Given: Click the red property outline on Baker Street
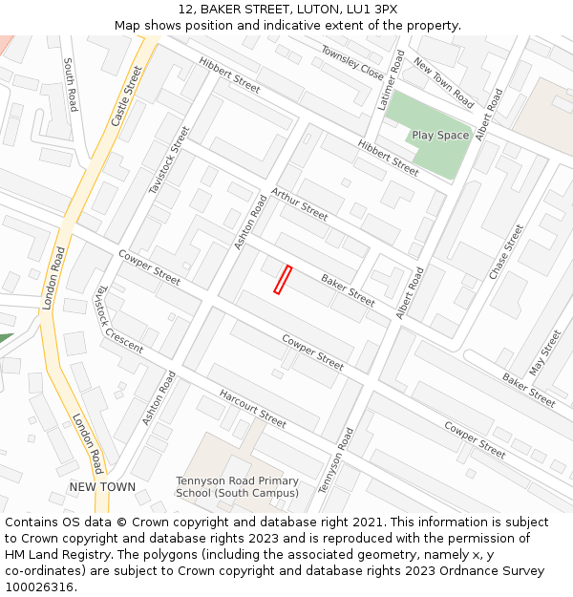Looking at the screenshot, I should (x=282, y=279).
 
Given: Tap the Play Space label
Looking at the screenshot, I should (x=440, y=136).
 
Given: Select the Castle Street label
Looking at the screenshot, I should (x=126, y=96).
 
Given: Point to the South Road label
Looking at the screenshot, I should (x=70, y=84).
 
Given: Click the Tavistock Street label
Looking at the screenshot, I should (x=169, y=160).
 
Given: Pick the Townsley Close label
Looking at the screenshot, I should (x=351, y=63).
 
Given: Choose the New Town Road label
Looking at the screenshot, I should (x=443, y=82).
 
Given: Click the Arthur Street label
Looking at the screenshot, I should (x=299, y=203).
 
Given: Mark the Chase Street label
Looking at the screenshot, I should (x=506, y=251).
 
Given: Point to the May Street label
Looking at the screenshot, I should (x=545, y=352).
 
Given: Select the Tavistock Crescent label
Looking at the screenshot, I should (x=118, y=319).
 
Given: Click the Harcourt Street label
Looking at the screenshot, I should (x=252, y=408).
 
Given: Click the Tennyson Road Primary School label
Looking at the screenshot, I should (x=237, y=487).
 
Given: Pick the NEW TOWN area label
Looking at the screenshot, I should (x=102, y=487).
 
